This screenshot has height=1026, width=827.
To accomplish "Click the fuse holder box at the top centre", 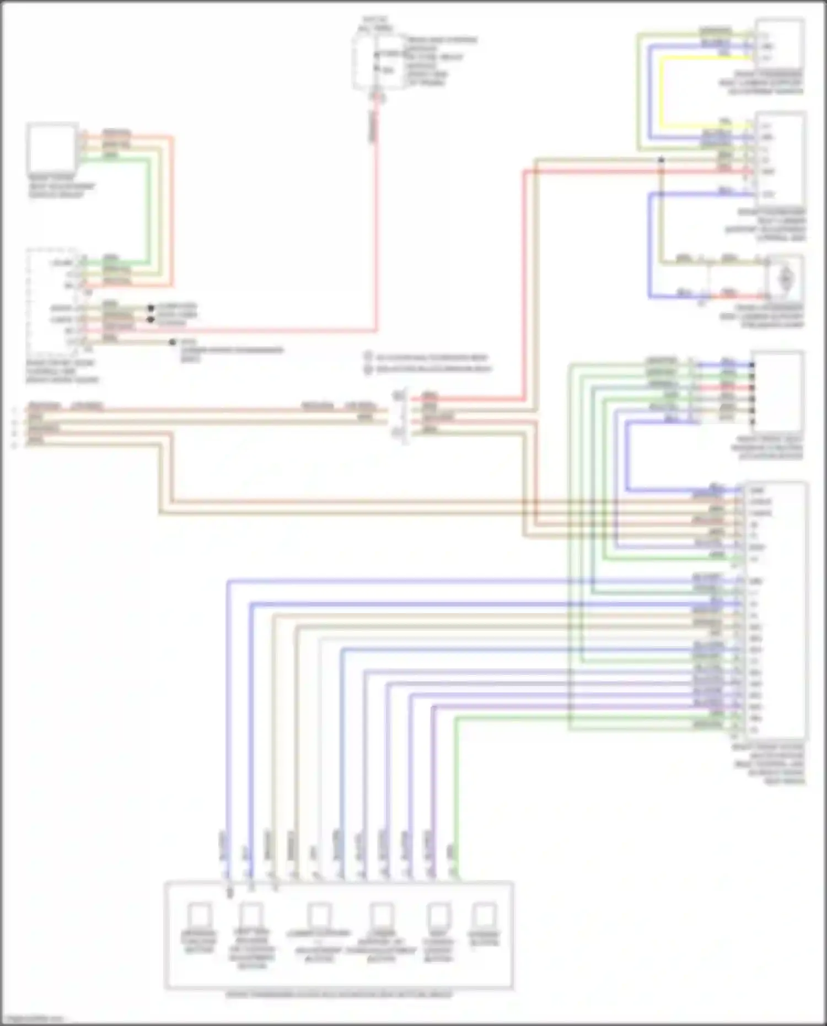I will coord(377,61).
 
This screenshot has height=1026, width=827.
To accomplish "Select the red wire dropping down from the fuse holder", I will coord(377,221).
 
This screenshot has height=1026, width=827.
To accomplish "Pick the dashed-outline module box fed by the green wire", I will coord(55,300).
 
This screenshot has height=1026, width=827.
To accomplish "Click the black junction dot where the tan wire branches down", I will coord(661,160).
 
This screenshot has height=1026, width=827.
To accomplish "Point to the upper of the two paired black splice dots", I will coord(150,308).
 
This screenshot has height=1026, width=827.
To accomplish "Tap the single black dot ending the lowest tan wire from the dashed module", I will coord(173,342).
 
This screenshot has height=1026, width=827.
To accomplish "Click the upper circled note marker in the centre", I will coord(368,357).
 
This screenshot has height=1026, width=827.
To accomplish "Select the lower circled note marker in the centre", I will coord(368,369).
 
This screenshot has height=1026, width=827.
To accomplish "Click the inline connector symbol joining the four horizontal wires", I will coord(400,413).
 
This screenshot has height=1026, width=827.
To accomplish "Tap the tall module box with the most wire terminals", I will coord(776,609).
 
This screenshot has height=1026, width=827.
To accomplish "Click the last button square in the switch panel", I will coord(485,915).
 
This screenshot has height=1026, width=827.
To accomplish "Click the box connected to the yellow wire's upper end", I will coord(779,44).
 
